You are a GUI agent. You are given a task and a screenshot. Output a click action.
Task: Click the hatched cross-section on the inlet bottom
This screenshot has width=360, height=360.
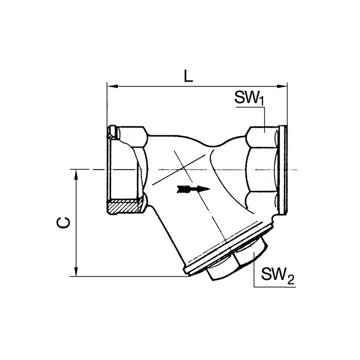124,208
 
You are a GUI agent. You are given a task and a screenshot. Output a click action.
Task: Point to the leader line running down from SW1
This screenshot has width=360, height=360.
264,118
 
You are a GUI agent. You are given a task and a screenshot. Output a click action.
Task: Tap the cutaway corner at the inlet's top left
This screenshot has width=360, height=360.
114,133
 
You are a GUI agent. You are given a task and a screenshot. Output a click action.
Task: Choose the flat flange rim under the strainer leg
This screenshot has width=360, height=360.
226,249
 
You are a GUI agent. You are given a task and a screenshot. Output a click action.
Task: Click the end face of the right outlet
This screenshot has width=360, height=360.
283,170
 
